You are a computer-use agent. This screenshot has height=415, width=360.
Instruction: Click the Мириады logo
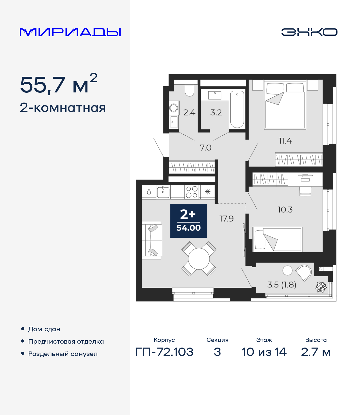(70, 32)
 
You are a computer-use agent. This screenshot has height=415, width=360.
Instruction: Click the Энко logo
(309, 32)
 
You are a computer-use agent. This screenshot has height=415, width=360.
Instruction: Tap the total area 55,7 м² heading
(58, 85)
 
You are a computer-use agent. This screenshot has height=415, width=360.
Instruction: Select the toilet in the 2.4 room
(190, 90)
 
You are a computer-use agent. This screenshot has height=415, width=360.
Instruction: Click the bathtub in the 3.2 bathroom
(237, 109)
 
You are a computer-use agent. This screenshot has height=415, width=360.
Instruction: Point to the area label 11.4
(285, 141)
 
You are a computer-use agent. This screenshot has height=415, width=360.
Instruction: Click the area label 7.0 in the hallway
(205, 148)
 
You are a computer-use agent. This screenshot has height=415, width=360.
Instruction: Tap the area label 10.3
(285, 210)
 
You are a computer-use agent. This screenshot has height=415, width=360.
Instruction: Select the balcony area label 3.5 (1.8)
(282, 285)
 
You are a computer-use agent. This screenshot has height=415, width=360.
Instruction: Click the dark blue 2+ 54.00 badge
(188, 221)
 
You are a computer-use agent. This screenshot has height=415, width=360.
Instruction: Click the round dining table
(199, 258)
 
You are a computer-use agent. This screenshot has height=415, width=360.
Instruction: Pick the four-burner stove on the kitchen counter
(192, 192)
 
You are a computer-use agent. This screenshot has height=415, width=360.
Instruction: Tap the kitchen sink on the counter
(163, 192)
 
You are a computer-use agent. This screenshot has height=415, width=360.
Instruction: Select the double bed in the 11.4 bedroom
(285, 105)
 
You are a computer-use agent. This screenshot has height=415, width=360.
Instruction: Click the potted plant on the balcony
(321, 287)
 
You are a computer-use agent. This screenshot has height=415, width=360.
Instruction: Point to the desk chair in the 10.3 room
(305, 191)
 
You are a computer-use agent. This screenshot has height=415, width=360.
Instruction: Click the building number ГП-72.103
(164, 352)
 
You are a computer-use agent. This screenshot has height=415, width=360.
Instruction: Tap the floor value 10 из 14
(264, 352)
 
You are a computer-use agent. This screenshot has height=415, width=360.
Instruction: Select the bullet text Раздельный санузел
(63, 354)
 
